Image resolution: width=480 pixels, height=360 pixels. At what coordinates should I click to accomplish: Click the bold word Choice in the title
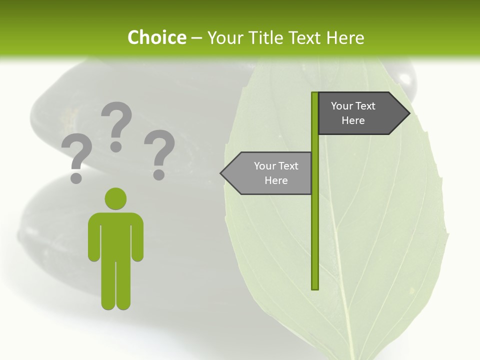pyautogui.click(x=156, y=37)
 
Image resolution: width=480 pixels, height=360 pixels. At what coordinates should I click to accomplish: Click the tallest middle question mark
pyautogui.click(x=116, y=125)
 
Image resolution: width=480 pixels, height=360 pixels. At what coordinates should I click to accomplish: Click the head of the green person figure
pyautogui.click(x=115, y=198)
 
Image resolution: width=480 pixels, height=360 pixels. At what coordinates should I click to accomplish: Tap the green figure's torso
pyautogui.click(x=115, y=235)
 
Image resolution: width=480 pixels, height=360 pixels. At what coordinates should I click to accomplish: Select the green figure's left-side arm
pyautogui.click(x=94, y=237)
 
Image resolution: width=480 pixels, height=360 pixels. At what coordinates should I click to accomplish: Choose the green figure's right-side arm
pyautogui.click(x=137, y=237)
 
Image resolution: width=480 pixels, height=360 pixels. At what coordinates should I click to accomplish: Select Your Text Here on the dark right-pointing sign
pyautogui.click(x=353, y=113)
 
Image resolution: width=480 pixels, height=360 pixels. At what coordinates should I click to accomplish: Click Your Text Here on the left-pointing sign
pyautogui.click(x=276, y=173)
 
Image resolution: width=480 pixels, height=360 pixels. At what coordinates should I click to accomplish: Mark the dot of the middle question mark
pyautogui.click(x=116, y=146)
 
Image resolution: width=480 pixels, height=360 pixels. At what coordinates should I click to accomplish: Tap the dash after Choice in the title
pyautogui.click(x=196, y=38)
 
